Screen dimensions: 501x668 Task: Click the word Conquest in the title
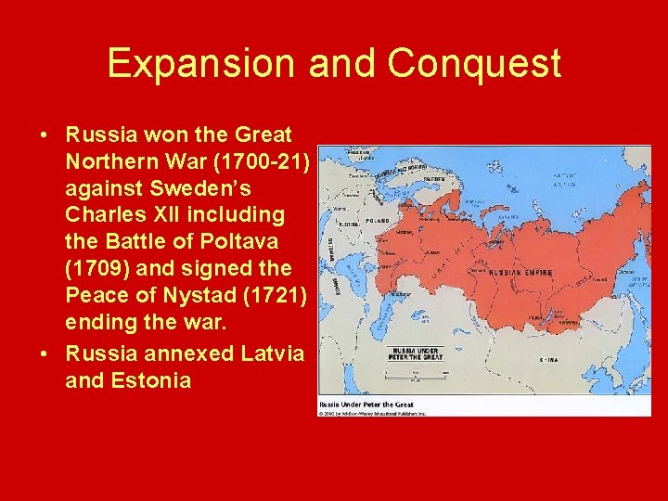[x=474, y=63]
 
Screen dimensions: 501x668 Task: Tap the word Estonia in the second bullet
[x=128, y=380]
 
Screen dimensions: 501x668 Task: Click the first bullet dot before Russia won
[x=45, y=135]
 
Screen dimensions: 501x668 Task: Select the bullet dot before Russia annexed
[x=45, y=354]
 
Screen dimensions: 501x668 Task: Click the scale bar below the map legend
[x=415, y=376]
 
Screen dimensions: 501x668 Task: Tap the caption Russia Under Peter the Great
[x=366, y=405]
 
